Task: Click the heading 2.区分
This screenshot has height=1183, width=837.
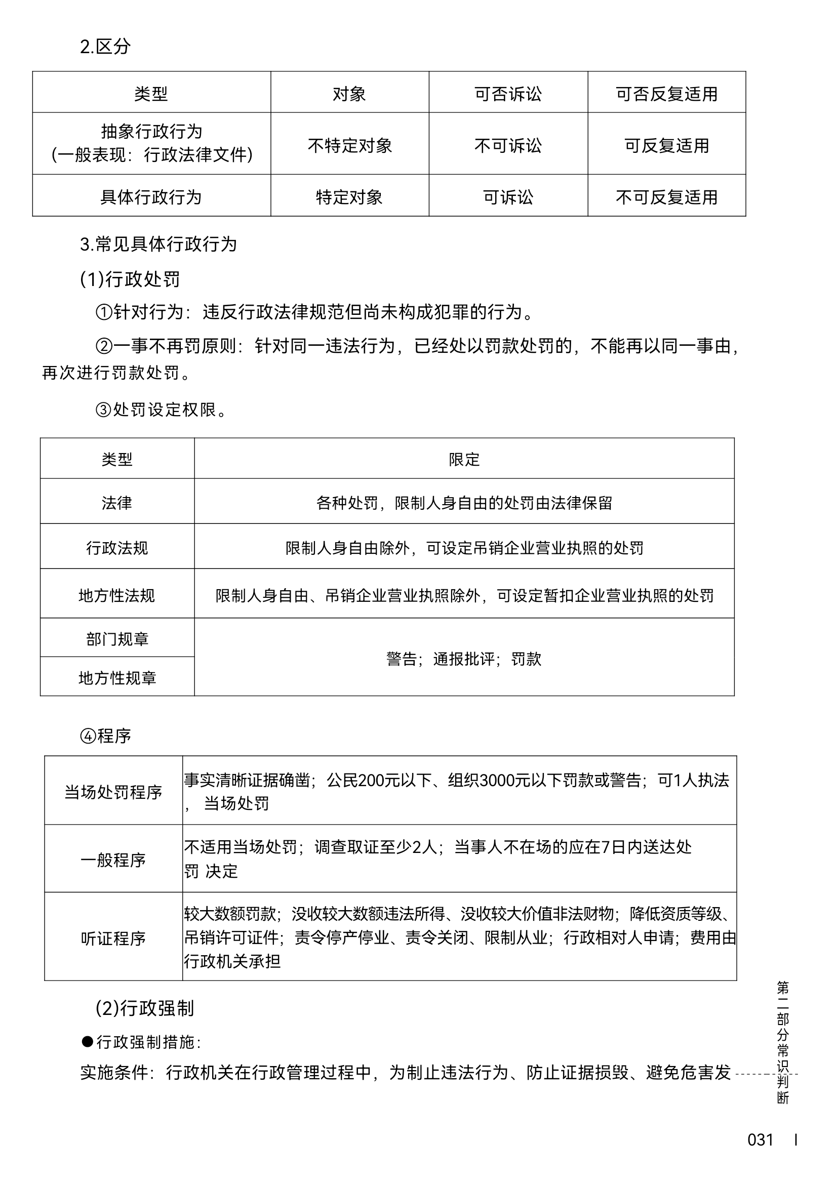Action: [x=105, y=47]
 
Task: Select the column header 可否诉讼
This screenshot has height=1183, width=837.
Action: [x=508, y=94]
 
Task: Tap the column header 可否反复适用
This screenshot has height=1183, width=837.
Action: [x=666, y=94]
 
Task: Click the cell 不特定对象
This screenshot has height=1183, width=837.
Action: [x=349, y=146]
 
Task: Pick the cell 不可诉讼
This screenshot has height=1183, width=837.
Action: [x=508, y=146]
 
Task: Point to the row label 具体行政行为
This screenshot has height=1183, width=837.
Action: [x=151, y=197]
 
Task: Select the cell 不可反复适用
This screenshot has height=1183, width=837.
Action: [x=666, y=197]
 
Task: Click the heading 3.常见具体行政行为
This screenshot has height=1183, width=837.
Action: [x=158, y=244]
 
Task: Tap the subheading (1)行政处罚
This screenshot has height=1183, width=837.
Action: [x=130, y=279]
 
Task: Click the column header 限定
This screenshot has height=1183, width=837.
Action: [x=464, y=459]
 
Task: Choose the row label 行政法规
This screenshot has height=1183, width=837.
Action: [x=117, y=548]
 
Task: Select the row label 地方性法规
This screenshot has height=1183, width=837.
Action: [x=117, y=596]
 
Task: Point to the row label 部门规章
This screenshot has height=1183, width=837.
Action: [x=117, y=639]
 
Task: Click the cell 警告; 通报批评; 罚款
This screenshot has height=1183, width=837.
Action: [x=464, y=659]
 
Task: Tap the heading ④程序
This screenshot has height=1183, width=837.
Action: [x=106, y=736]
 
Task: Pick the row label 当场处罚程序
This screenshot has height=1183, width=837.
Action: [x=113, y=792]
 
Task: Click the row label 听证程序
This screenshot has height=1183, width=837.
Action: [x=113, y=939]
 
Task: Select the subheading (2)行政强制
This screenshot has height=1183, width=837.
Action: [x=145, y=1008]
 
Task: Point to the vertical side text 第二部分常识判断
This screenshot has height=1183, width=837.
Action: [x=782, y=1042]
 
